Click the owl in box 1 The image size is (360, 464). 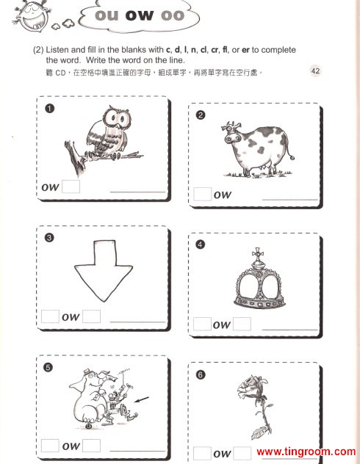(108, 133)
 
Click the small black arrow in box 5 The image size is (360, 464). (142, 399)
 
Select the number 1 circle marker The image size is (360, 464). (49, 109)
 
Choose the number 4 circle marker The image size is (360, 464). (201, 244)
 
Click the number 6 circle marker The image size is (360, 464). (201, 374)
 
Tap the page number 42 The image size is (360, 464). (316, 70)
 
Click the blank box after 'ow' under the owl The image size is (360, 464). (71, 186)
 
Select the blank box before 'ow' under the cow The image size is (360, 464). (203, 194)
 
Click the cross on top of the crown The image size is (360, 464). (257, 253)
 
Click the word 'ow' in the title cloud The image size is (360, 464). (140, 15)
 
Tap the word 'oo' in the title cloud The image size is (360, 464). (173, 15)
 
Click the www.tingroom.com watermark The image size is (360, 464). (306, 452)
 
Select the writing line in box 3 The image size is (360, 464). (137, 321)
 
